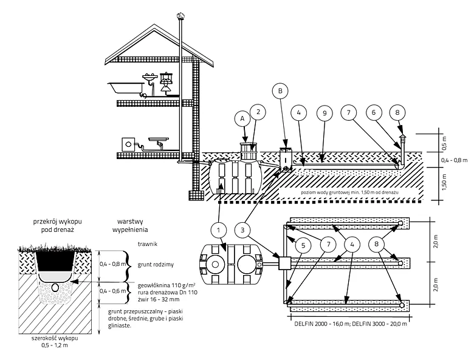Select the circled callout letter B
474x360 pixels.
point(280,92)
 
